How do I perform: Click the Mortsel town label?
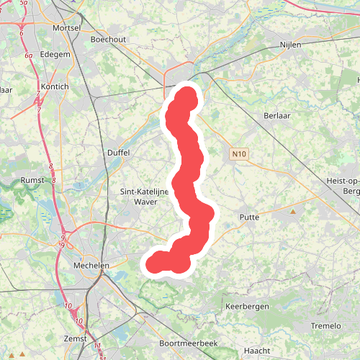[x=66, y=27]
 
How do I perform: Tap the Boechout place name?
[x=108, y=40]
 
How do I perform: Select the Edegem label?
[x=55, y=54]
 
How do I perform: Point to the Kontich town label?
[x=55, y=86]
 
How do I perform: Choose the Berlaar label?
[x=277, y=115]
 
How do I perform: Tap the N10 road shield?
[x=239, y=154]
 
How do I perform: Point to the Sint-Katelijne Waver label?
[x=140, y=197]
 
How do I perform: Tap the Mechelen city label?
[x=91, y=265]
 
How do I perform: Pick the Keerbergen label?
[x=247, y=306]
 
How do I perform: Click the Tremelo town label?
[x=325, y=325]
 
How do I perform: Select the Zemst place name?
[x=75, y=338]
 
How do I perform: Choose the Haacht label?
[x=257, y=350]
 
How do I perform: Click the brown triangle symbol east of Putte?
[x=293, y=212]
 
